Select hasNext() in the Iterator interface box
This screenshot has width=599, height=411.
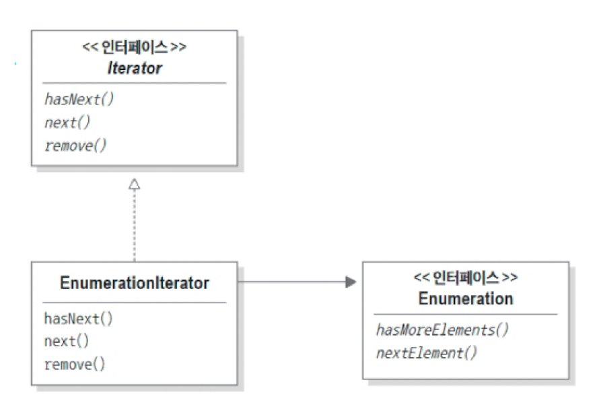point(79,100)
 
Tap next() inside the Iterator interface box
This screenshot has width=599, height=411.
point(67,123)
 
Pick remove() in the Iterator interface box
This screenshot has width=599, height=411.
point(75,146)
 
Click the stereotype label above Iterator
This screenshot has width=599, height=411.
point(135,49)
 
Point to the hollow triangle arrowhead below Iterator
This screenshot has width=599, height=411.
point(135,183)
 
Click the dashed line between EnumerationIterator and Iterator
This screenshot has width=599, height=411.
point(135,226)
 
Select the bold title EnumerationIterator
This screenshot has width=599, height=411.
point(135,283)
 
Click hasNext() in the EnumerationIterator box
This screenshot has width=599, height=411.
point(79,319)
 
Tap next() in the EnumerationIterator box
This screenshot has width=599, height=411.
point(67,342)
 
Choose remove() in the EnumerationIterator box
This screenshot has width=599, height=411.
point(75,365)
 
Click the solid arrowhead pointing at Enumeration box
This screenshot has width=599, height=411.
point(350,282)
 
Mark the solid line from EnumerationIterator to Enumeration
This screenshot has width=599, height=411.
point(289,282)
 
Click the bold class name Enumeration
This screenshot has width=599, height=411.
point(466,298)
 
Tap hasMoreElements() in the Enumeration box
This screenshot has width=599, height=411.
point(442,329)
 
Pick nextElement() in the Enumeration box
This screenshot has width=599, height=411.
point(427,352)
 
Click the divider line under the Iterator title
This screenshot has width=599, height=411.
point(135,84)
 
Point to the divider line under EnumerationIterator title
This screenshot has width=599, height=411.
point(135,302)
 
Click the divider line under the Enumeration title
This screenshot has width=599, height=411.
point(466,314)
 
